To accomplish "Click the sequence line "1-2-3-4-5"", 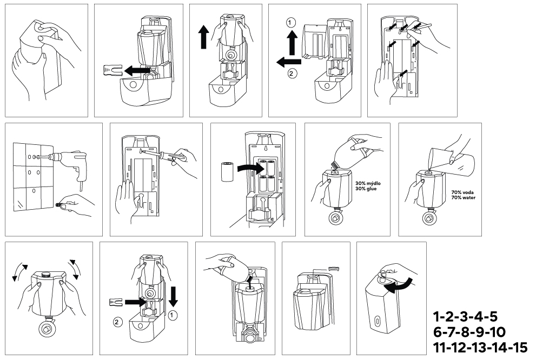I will (x=465, y=316).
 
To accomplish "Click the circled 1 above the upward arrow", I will (x=291, y=23).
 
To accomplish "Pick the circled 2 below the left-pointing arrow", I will (x=292, y=74).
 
